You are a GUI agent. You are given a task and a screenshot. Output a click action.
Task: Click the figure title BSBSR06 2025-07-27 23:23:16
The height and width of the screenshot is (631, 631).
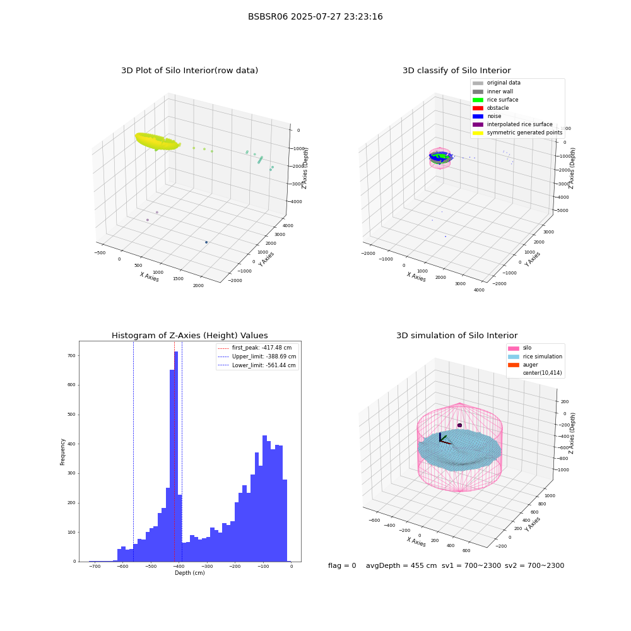pyautogui.click(x=315, y=16)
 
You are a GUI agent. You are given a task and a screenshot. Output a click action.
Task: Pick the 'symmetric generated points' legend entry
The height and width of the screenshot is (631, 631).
pyautogui.click(x=517, y=133)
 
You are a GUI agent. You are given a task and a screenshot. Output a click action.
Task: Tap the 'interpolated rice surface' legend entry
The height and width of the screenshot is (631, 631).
pyautogui.click(x=512, y=124)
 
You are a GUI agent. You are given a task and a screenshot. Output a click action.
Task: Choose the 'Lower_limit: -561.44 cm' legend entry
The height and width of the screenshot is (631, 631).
pyautogui.click(x=257, y=365)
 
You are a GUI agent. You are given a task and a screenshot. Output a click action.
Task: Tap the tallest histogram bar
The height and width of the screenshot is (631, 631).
pyautogui.click(x=176, y=456)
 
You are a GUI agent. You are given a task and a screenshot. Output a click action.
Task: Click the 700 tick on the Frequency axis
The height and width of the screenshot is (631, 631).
pyautogui.click(x=72, y=356)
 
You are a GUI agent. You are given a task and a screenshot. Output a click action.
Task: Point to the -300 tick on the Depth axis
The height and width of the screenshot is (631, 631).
pyautogui.click(x=207, y=566)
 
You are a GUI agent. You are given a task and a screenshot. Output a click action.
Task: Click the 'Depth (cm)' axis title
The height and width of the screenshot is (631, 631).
pyautogui.click(x=189, y=573)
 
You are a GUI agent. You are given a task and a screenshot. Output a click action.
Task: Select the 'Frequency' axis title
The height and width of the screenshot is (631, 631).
pyautogui.click(x=62, y=452)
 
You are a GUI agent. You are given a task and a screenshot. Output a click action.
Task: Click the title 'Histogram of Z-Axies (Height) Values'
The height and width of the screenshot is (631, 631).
pyautogui.click(x=189, y=335)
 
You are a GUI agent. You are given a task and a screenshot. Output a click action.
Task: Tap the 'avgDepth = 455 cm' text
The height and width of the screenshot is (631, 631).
pyautogui.click(x=401, y=565)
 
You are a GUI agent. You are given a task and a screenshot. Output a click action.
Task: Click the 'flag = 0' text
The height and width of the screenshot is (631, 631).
pyautogui.click(x=342, y=565)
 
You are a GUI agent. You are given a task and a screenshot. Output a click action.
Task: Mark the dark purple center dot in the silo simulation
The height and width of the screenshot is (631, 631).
pyautogui.click(x=459, y=425)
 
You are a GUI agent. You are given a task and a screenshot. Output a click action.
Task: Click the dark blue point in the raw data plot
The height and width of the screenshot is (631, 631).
pyautogui.click(x=206, y=242)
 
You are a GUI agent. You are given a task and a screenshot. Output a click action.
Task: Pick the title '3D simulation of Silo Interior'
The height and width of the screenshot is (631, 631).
pyautogui.click(x=457, y=335)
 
